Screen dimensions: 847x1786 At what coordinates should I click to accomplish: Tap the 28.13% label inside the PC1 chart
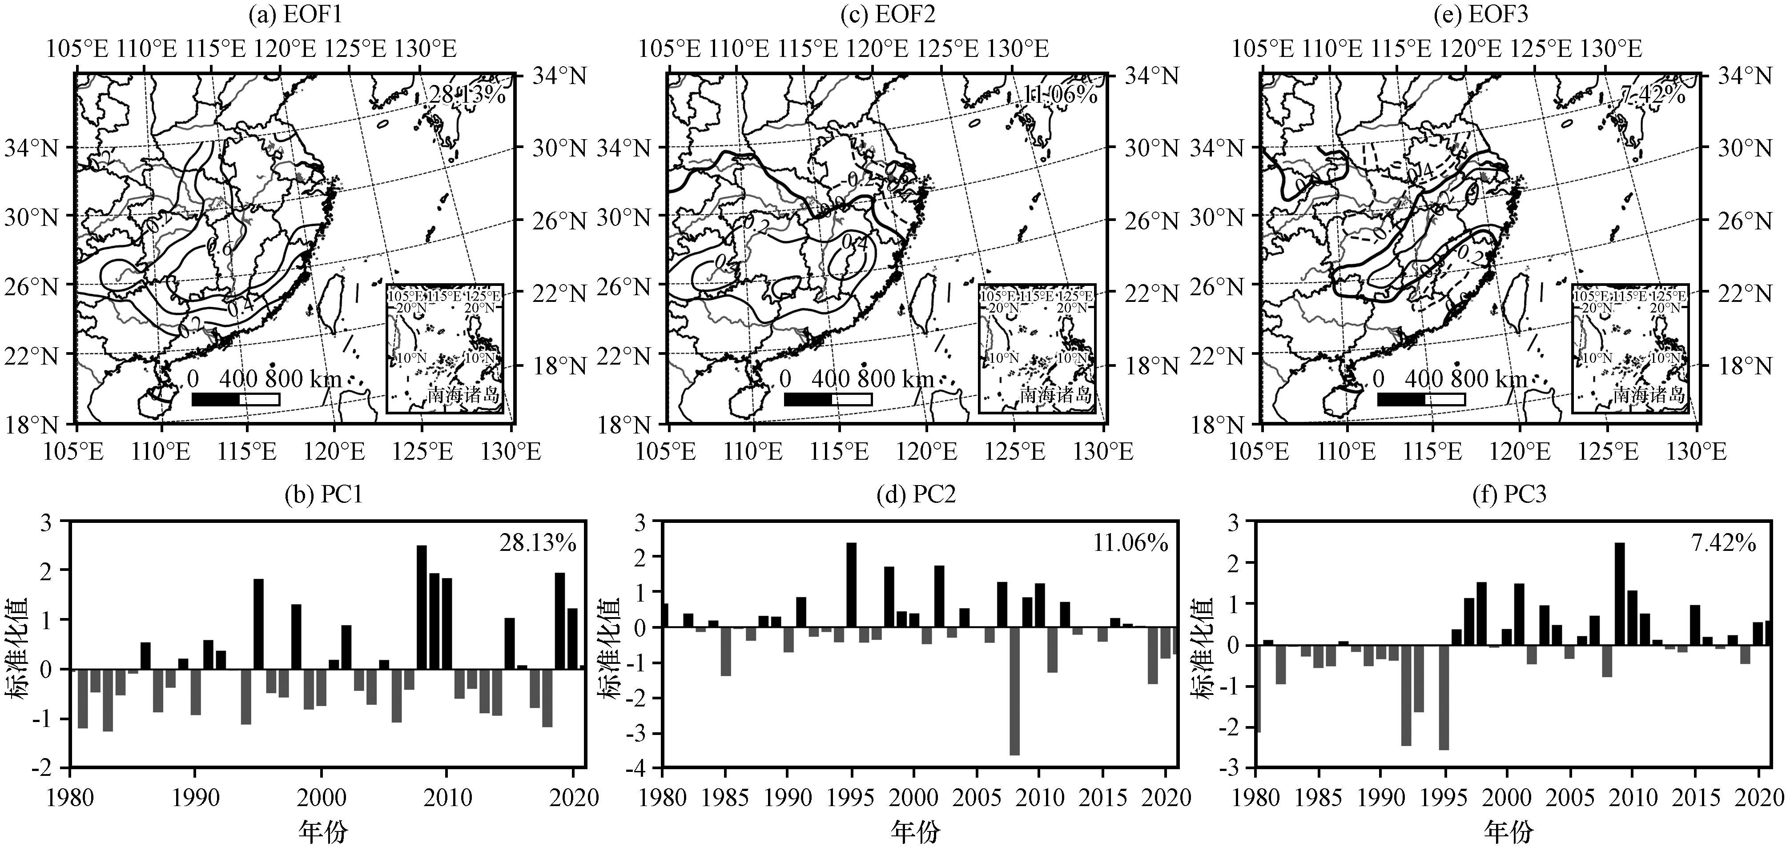tap(537, 543)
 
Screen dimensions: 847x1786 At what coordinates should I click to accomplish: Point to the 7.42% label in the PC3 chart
tap(1723, 543)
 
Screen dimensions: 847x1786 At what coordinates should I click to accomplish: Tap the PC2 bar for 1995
tap(851, 584)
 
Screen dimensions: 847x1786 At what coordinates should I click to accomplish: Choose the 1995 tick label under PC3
tap(1444, 798)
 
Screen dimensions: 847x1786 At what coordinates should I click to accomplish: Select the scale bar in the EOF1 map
tap(236, 399)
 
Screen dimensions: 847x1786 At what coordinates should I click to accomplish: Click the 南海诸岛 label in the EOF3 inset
tap(1648, 395)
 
